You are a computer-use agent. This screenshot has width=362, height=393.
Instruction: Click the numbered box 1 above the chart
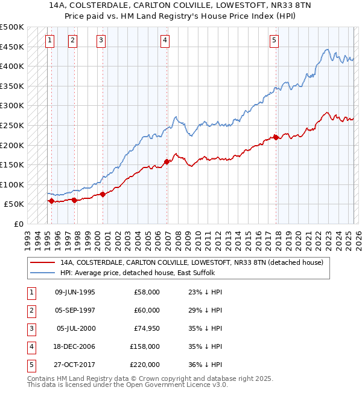coord(49,41)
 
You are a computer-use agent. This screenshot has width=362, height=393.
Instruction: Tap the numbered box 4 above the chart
coord(165,41)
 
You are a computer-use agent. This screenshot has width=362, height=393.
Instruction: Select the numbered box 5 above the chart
coord(274,41)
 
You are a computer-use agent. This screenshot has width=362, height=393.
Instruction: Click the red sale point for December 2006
coord(167,161)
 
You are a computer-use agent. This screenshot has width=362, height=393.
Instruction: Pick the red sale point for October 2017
coord(276,137)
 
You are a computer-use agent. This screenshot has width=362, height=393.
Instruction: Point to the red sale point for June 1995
coord(51,201)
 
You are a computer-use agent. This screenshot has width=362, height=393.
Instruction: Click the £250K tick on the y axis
coord(12,125)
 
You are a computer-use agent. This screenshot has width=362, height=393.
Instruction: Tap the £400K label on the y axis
coord(12,66)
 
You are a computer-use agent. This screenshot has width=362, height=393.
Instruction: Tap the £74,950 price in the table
coord(147,328)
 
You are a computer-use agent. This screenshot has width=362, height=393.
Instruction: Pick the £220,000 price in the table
coord(145,365)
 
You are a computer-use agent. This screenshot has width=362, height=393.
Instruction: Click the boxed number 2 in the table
coord(31,310)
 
